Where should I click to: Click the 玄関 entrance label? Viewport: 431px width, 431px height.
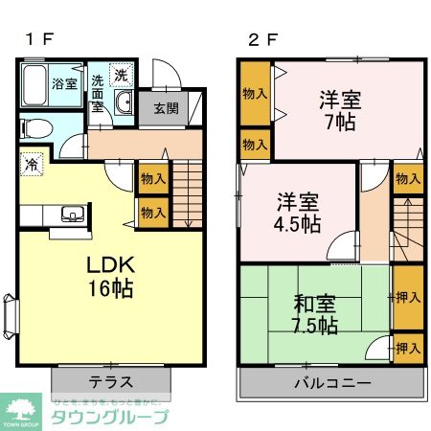click(166, 107)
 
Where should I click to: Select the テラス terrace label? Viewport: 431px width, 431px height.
click(111, 381)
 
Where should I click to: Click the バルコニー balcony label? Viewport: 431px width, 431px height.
click(331, 381)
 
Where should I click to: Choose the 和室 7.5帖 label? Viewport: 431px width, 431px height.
click(314, 315)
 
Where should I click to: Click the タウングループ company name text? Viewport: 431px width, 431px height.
click(110, 416)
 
